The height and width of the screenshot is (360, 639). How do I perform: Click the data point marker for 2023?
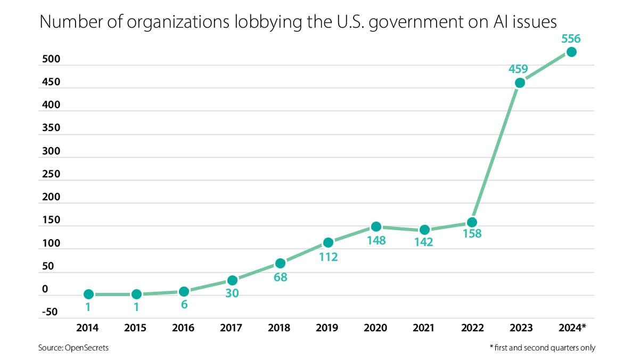click(520, 83)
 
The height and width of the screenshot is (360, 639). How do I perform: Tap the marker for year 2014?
click(89, 294)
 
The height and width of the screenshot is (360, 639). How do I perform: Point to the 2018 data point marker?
click(280, 263)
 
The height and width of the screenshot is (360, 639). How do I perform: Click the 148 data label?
click(376, 240)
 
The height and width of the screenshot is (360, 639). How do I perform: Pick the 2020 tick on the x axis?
click(376, 327)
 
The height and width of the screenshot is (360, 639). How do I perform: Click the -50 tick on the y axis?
click(51, 312)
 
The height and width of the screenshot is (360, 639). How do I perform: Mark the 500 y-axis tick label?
click(51, 60)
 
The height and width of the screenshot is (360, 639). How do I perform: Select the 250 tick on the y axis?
click(51, 174)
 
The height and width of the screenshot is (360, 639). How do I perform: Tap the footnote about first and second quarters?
click(542, 348)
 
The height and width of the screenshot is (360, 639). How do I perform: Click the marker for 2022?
click(472, 222)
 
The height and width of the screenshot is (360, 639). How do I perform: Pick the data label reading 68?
click(280, 277)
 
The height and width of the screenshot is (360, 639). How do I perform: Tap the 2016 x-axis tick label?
click(184, 327)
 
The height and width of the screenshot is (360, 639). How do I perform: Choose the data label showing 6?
click(184, 305)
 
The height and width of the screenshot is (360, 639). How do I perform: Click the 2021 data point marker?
click(424, 230)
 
